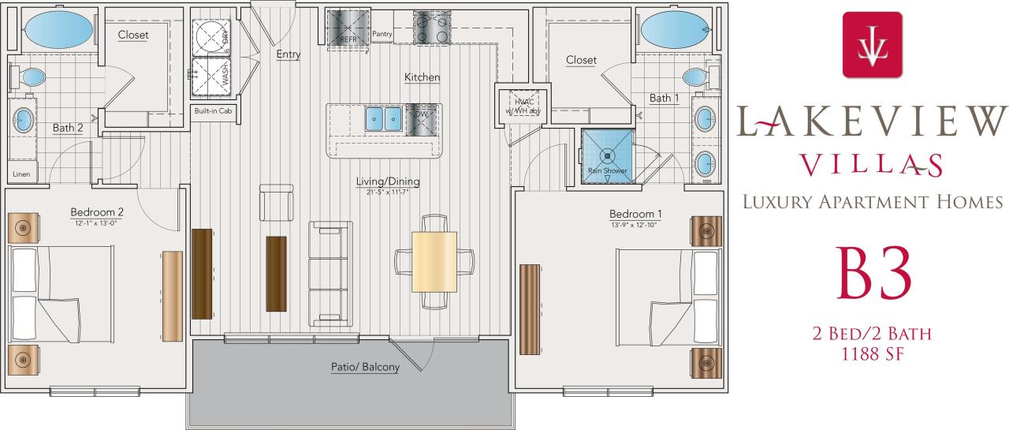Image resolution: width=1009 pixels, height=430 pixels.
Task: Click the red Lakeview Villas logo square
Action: tap(872, 45)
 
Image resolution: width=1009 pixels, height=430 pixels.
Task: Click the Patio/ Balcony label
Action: tap(364, 367)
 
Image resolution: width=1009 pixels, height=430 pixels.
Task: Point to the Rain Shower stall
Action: tap(607, 155)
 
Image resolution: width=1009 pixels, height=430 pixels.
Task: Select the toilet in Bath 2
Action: tap(31, 77)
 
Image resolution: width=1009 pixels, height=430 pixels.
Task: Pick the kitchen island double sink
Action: tap(384, 119)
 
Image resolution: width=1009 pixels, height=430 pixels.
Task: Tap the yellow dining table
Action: tap(434, 261)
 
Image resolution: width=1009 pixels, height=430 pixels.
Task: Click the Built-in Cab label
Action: tap(213, 111)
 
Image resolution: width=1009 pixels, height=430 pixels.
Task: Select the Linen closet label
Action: tap(21, 174)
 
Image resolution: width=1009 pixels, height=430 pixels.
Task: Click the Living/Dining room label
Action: tap(388, 182)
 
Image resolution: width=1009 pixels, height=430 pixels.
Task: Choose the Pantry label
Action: tap(382, 34)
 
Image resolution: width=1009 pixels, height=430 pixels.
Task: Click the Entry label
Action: tap(289, 54)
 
